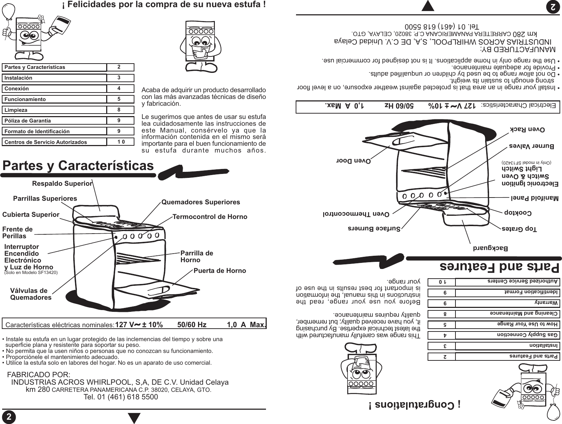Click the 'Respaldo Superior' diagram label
[x=62, y=184]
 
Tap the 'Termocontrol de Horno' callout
[x=210, y=217]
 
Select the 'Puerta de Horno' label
[x=220, y=271]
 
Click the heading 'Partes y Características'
[x=78, y=166]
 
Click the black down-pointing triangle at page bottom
[x=134, y=418]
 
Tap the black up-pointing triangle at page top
[x=428, y=6]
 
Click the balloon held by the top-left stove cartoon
[x=8, y=13]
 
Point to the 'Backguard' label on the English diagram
[x=491, y=248]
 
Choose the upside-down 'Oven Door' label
[x=354, y=160]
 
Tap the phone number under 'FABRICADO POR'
[x=120, y=397]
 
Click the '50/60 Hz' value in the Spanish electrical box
[x=192, y=325]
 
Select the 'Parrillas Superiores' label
[x=45, y=198]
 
